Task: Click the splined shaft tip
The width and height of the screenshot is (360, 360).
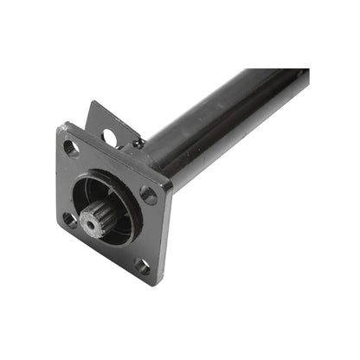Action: [93, 223]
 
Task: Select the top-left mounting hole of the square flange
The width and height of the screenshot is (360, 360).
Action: [73, 148]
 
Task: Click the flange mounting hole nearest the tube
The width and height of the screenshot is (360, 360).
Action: [149, 196]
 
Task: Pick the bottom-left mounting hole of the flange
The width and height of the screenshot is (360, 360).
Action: [68, 219]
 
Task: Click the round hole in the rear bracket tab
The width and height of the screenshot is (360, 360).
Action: [110, 136]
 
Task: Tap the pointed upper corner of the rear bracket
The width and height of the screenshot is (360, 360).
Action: [93, 103]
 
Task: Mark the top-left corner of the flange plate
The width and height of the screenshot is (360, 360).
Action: [62, 128]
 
